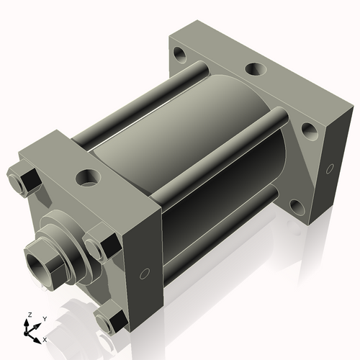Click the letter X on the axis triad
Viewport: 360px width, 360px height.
click(45, 340)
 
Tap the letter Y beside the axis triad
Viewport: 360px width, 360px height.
click(45, 319)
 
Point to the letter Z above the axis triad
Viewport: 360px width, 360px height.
click(30, 315)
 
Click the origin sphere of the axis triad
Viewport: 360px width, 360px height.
click(26, 333)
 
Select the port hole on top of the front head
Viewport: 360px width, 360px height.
click(88, 177)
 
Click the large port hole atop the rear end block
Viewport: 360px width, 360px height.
click(256, 68)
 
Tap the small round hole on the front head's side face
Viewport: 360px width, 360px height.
click(145, 274)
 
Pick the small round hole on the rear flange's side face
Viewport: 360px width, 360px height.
click(330, 168)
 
